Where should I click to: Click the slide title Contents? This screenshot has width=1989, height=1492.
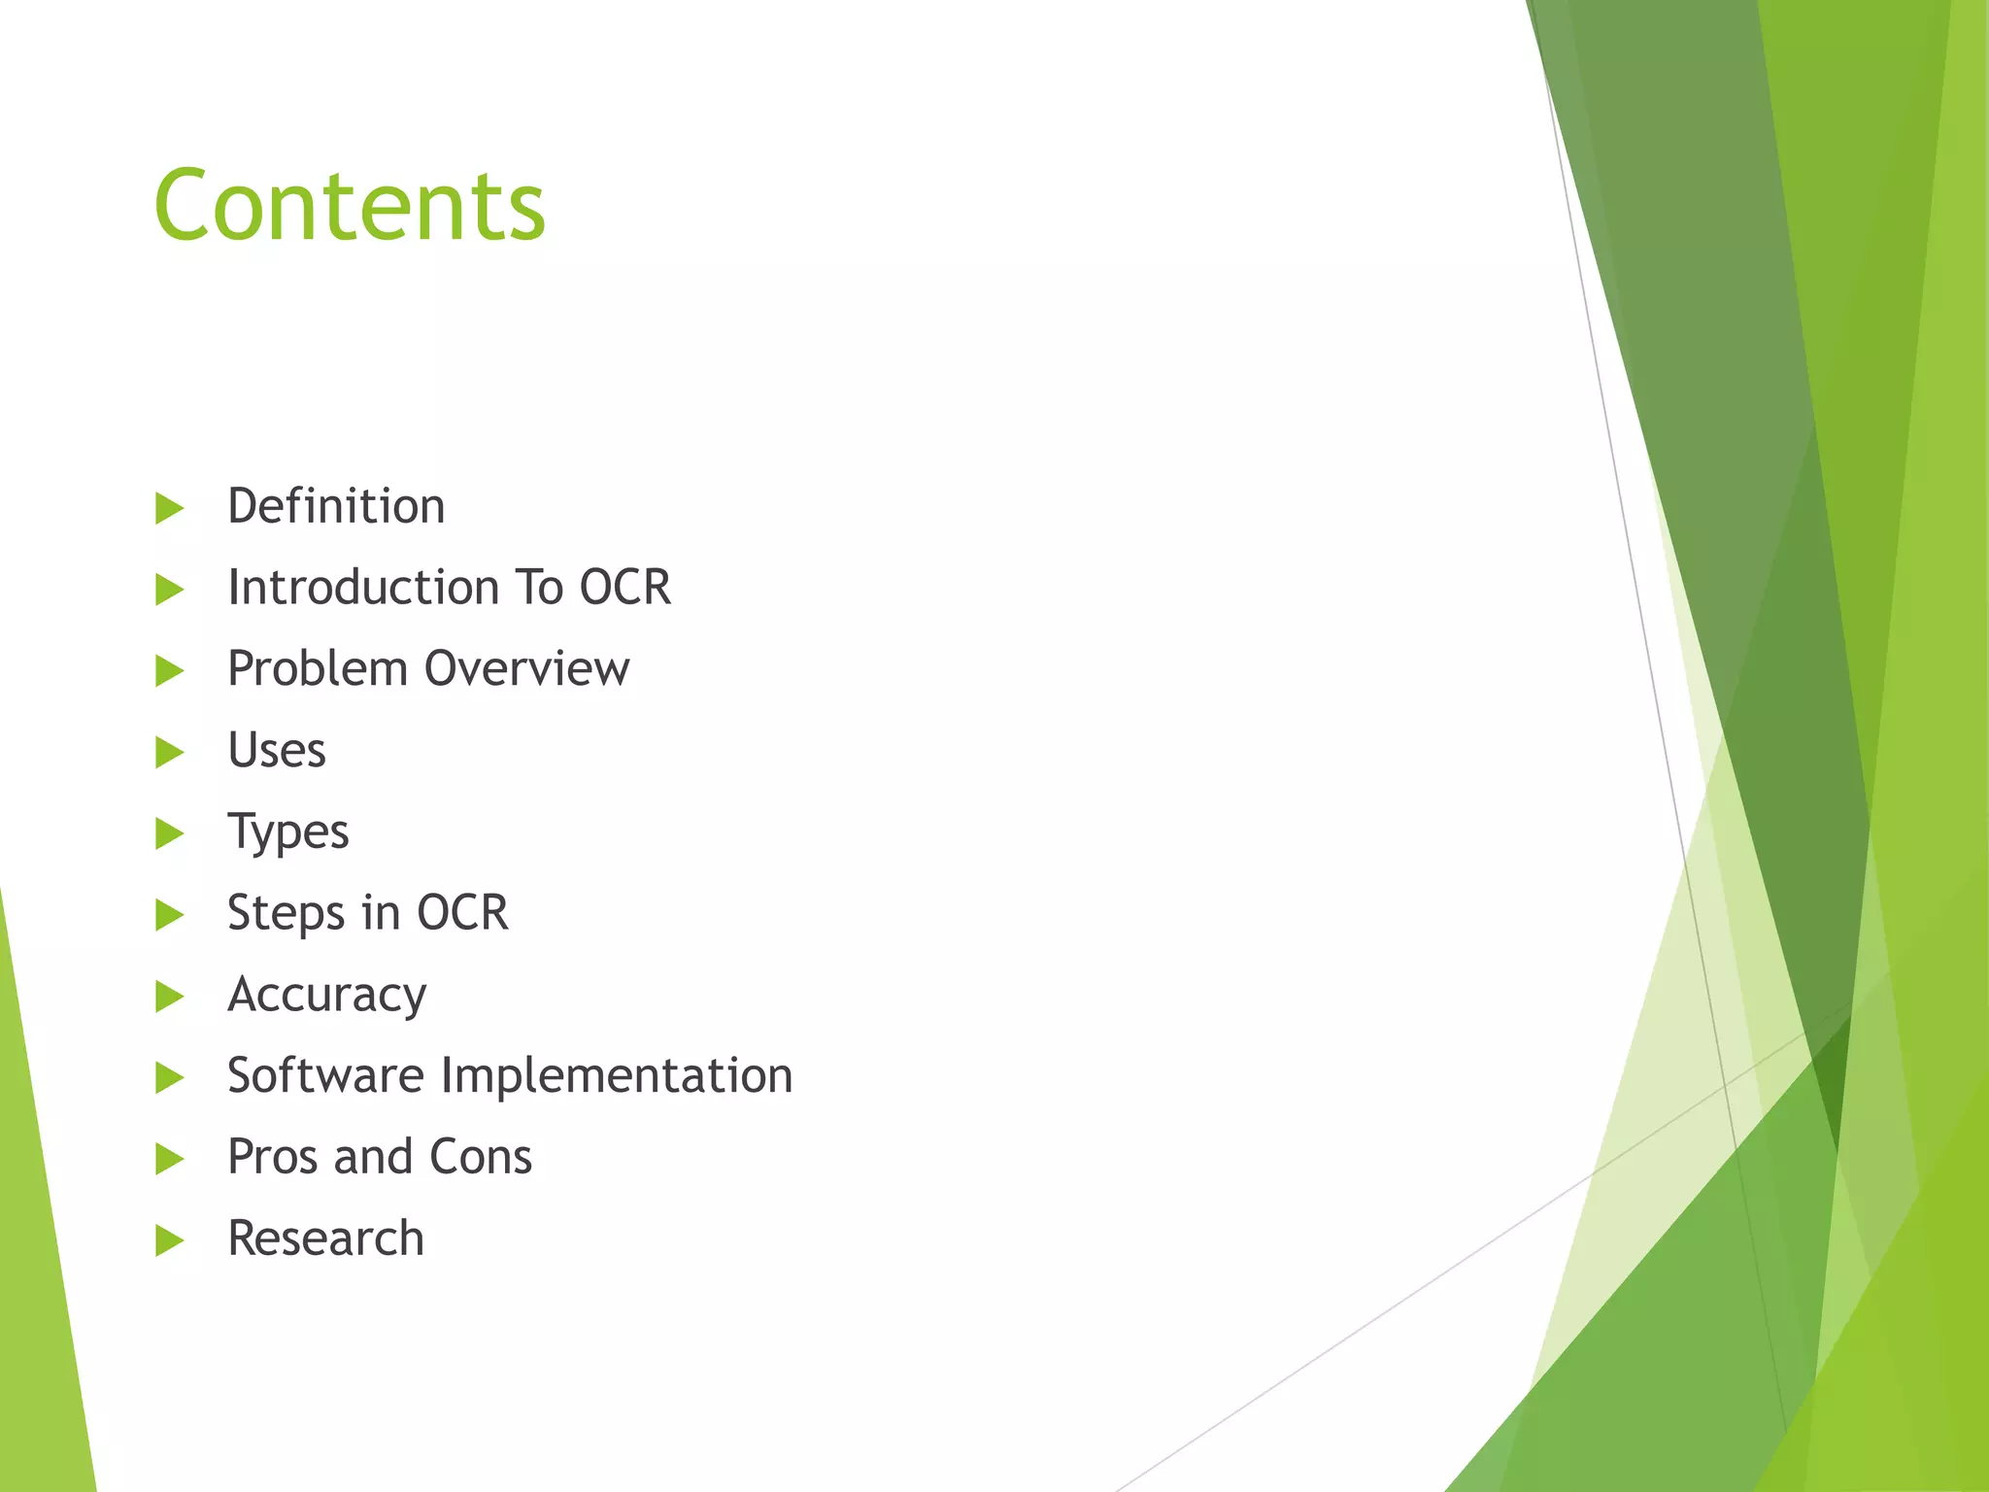[x=350, y=205]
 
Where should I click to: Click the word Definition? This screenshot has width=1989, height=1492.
[x=336, y=506]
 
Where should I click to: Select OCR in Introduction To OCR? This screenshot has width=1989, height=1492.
[x=624, y=588]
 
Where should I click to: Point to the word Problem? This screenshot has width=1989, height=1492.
[x=318, y=669]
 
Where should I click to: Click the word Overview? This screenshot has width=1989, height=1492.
[x=526, y=669]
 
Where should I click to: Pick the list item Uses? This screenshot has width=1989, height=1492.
[x=277, y=751]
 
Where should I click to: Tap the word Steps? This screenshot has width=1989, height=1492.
[x=286, y=914]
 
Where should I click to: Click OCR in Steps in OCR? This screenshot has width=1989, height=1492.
[x=462, y=913]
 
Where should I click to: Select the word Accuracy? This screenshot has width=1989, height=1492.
[x=327, y=996]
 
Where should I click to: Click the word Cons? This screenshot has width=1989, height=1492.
[x=481, y=1158]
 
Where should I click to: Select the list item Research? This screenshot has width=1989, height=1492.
[x=326, y=1239]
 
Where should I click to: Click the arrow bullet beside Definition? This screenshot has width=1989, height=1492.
[x=169, y=508]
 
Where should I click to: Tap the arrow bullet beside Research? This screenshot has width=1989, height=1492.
[x=169, y=1240]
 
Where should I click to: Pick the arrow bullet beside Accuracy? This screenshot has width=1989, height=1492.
[x=169, y=997]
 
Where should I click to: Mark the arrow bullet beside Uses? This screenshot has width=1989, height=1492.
[x=169, y=752]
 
